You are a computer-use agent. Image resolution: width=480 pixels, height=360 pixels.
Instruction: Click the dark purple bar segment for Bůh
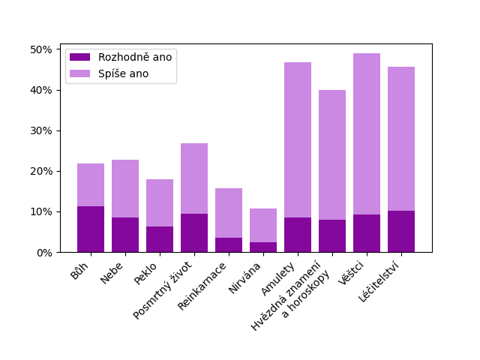(x=91, y=229)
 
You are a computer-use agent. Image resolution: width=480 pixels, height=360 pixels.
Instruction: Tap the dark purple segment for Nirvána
(x=263, y=247)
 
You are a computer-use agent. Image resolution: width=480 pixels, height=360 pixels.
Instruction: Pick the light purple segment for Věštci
(x=367, y=134)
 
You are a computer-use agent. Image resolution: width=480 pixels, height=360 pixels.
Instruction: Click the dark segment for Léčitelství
(x=401, y=232)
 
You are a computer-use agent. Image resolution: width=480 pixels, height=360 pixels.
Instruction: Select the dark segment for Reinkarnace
(x=229, y=244)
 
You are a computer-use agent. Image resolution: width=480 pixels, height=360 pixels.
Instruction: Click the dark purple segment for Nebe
(x=125, y=235)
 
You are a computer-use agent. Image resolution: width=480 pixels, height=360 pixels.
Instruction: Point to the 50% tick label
(x=40, y=49)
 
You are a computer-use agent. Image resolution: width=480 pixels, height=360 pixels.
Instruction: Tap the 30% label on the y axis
(x=40, y=130)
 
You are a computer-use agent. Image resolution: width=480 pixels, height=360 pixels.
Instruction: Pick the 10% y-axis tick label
(x=40, y=211)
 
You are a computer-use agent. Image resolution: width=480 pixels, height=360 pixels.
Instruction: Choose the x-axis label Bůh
(x=80, y=271)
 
